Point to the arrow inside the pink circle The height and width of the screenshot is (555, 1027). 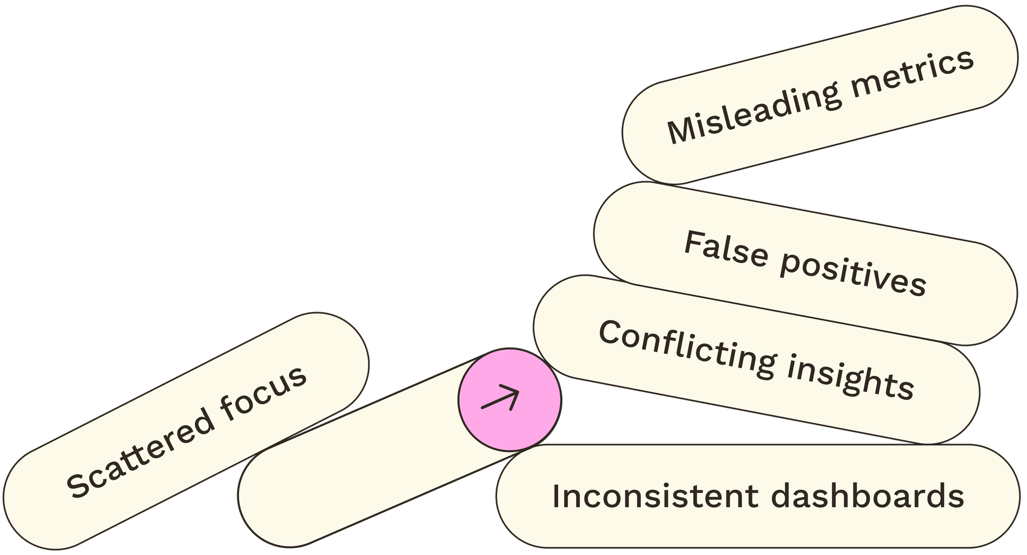(x=501, y=398)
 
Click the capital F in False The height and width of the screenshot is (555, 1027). (x=693, y=242)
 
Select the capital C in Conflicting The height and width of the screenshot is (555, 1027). (x=609, y=334)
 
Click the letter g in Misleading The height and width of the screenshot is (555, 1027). (x=828, y=98)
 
